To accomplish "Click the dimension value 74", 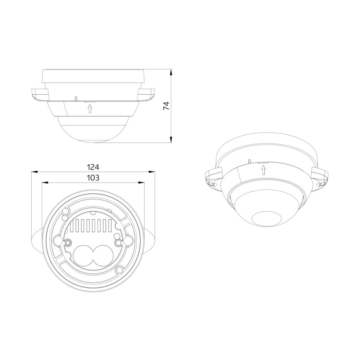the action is [x=166, y=106].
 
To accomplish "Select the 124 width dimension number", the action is [x=93, y=167].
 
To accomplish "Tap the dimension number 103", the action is [x=93, y=177].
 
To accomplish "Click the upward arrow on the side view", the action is [x=90, y=108].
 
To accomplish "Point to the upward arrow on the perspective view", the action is [x=264, y=170].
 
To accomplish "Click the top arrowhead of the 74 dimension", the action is [x=171, y=73].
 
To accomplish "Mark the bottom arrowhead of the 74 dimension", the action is [x=171, y=139].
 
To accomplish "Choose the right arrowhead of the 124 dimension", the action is [x=151, y=171].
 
